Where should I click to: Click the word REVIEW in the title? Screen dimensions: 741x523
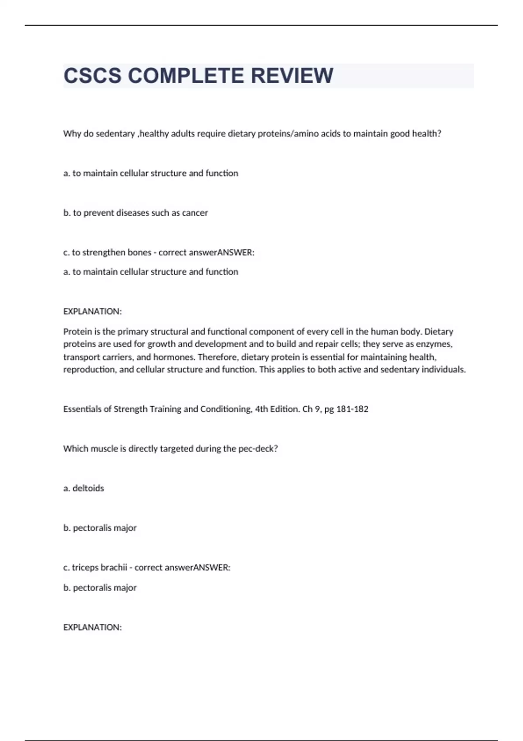(292, 76)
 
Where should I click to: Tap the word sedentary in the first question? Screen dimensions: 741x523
(115, 134)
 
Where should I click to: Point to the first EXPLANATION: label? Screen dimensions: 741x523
(92, 312)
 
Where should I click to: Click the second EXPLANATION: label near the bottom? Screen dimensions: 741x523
(92, 627)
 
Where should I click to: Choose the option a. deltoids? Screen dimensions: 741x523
(84, 489)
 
